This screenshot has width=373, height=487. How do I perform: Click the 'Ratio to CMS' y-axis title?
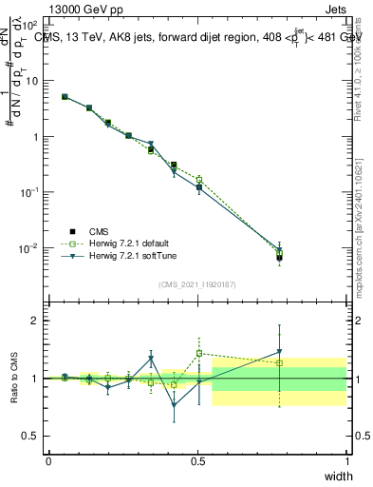tap(14, 379)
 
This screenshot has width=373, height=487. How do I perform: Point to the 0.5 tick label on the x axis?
tap(197, 461)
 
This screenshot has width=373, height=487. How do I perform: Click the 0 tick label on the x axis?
tap(48, 461)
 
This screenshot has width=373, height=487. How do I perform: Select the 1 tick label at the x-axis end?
tap(346, 461)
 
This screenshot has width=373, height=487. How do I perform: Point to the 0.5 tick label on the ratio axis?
tap(32, 435)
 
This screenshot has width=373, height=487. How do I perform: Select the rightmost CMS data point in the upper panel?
tap(279, 257)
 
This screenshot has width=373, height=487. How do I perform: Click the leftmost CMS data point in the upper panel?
tap(65, 96)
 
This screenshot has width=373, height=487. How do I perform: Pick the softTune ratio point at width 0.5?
tap(199, 381)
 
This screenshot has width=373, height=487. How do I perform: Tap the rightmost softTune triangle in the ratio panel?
tap(279, 352)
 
